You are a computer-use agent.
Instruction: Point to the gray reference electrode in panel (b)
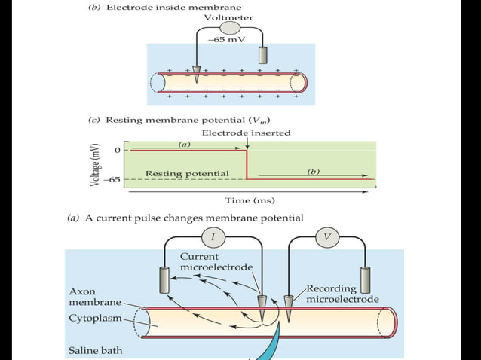coord(262,55)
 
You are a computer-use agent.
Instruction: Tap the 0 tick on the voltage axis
coord(117,151)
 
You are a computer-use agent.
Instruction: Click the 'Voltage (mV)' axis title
coord(97,163)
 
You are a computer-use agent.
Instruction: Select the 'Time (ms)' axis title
coord(250,200)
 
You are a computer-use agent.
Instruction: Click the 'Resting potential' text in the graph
coord(187,174)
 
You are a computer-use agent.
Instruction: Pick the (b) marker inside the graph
coord(314,172)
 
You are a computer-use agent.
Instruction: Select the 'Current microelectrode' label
coord(216,262)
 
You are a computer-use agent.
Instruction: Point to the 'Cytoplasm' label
coord(92,317)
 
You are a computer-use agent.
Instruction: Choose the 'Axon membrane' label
coord(94,296)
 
